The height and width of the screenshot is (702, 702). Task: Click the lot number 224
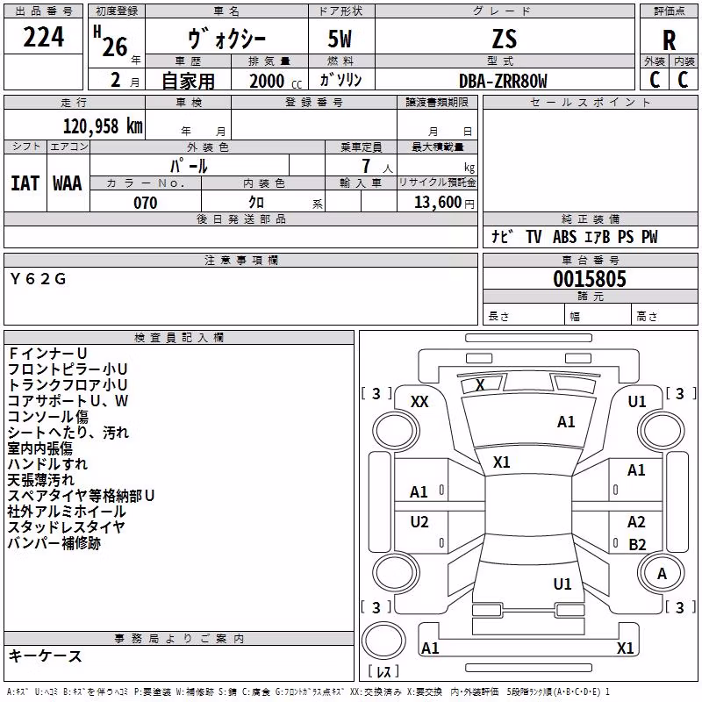click(43, 37)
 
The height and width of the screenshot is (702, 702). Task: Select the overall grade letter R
click(669, 40)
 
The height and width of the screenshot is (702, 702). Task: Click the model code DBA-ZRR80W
click(503, 81)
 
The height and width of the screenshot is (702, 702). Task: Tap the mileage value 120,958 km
click(103, 126)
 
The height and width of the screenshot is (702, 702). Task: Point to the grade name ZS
click(504, 39)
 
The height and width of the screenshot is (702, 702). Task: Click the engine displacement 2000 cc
click(276, 81)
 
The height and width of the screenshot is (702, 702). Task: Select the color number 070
click(146, 203)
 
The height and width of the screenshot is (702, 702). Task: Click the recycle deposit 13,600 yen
click(444, 203)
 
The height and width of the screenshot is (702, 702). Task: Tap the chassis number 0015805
click(590, 279)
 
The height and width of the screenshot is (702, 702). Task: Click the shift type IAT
click(25, 183)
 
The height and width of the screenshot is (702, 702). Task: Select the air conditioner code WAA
click(68, 183)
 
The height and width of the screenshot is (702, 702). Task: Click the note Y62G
click(38, 279)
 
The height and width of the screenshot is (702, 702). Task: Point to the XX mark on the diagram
click(419, 402)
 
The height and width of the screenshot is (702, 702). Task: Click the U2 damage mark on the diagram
click(419, 522)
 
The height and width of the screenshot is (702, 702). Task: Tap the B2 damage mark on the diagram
click(637, 544)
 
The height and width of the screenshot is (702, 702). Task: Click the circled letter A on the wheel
click(662, 574)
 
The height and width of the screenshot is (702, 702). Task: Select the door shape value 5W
click(340, 39)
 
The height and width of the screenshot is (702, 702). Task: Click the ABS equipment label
click(564, 237)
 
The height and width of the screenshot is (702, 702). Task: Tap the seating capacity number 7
click(366, 166)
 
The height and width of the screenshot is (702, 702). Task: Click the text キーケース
click(46, 655)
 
